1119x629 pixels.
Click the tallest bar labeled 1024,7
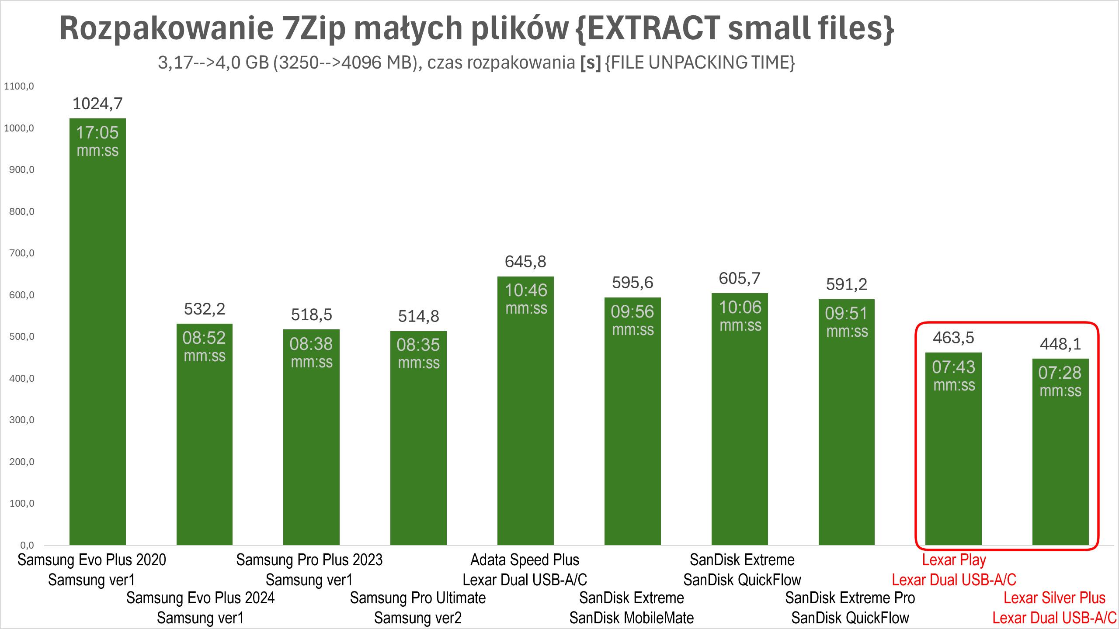[97, 332]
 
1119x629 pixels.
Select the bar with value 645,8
[525, 411]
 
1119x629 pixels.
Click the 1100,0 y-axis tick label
[19, 86]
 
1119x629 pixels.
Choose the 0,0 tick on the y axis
[27, 545]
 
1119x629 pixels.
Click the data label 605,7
[740, 278]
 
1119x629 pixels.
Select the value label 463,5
[953, 338]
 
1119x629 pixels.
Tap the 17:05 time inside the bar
[97, 132]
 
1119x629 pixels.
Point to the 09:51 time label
[846, 314]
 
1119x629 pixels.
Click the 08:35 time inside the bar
[418, 345]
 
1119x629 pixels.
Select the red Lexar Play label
[954, 560]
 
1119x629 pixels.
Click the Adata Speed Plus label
[525, 560]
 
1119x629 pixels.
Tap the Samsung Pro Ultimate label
[418, 598]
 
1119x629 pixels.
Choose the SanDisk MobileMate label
[632, 618]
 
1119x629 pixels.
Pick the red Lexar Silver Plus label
[1054, 598]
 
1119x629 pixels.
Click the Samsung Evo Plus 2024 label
[200, 598]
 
